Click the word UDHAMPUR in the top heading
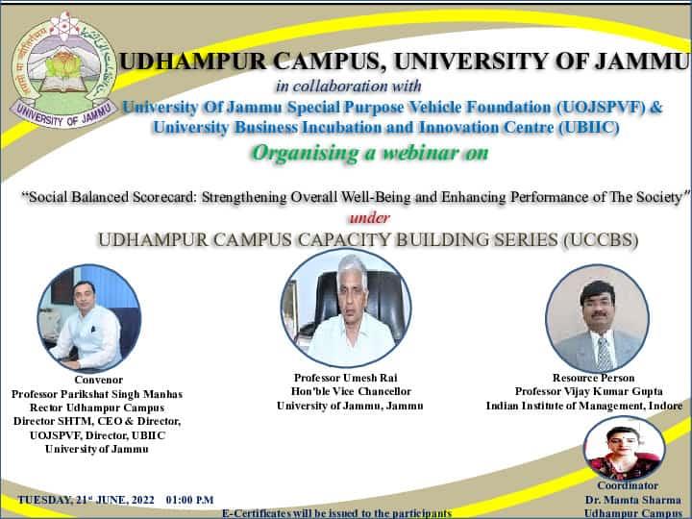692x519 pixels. (x=192, y=62)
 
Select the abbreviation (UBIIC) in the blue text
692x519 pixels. (x=589, y=128)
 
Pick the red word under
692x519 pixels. (x=370, y=218)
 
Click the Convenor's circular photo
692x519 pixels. (x=89, y=318)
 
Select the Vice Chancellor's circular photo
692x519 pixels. (x=346, y=308)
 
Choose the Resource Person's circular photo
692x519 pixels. (x=597, y=318)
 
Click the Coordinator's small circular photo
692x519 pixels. (x=624, y=448)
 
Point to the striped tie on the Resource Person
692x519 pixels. (x=605, y=353)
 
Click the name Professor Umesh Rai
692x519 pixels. (x=346, y=378)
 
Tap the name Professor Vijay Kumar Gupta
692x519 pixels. (x=589, y=391)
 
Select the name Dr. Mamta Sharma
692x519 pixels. (x=633, y=500)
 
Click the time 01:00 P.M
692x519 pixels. (x=189, y=501)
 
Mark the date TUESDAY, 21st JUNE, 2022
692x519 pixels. (x=86, y=501)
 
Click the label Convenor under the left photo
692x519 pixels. (x=99, y=380)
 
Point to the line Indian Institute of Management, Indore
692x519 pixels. (x=584, y=406)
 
